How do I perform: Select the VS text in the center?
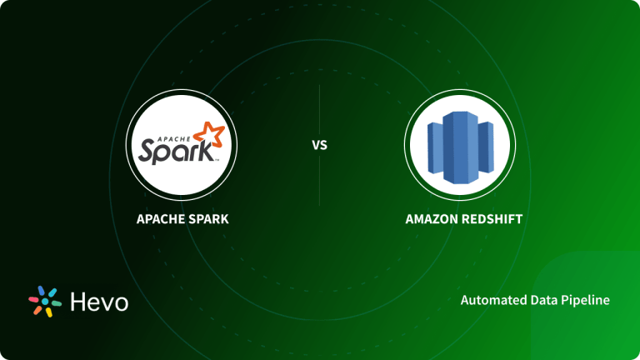click(x=320, y=145)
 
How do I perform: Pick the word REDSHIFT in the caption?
click(x=487, y=220)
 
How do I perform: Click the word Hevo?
click(x=98, y=302)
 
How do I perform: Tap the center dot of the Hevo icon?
click(x=44, y=302)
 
